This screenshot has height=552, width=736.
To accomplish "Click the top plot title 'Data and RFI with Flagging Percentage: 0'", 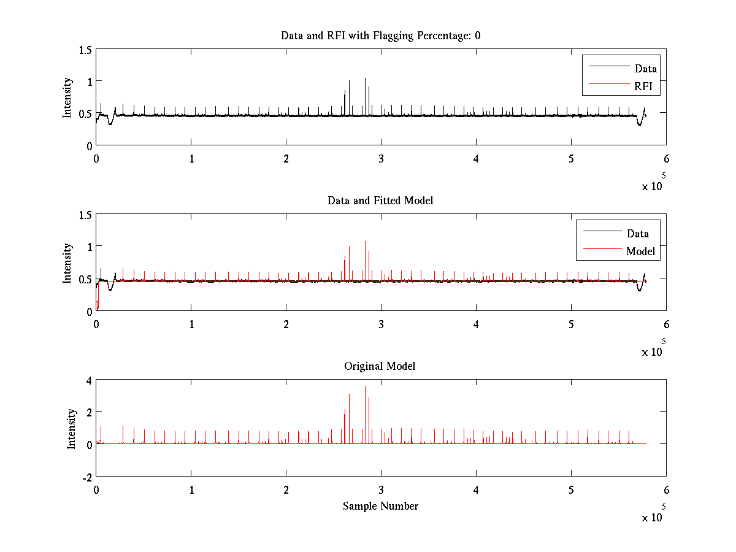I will [380, 36].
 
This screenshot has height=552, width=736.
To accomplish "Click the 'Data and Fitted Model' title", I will [380, 201].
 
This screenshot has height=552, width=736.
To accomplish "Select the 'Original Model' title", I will [380, 366].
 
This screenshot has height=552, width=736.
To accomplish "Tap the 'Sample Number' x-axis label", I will [380, 506].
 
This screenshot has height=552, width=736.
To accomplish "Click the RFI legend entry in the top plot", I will [647, 86].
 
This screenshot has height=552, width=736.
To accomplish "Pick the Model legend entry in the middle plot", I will [640, 251].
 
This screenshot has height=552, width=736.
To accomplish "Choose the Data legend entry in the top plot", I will [646, 69].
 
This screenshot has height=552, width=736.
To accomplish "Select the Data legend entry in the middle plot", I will [637, 233].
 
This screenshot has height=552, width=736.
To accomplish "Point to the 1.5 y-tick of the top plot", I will [85, 50].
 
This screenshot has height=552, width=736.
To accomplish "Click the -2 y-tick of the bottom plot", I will [86, 477].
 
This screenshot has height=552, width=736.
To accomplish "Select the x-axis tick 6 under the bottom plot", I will [666, 490].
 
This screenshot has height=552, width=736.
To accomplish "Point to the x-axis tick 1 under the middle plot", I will [191, 324].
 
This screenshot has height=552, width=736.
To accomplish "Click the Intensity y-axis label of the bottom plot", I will [71, 429].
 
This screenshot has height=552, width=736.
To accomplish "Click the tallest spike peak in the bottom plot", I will [365, 386].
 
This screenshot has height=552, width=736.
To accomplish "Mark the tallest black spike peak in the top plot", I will [365, 79].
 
